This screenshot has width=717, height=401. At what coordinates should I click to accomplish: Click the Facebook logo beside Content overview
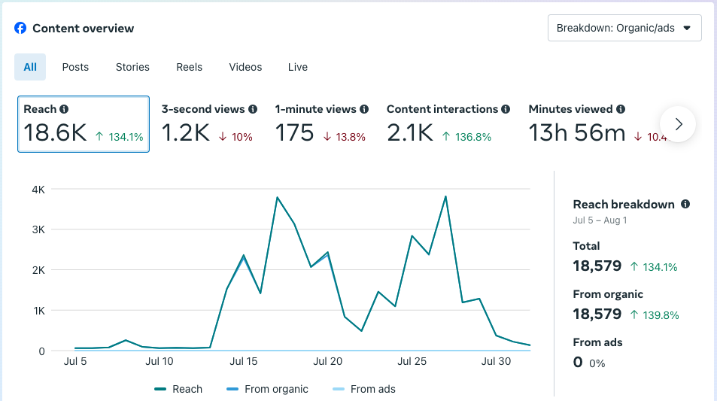[20, 28]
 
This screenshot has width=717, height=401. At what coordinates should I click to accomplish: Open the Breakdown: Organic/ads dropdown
[624, 28]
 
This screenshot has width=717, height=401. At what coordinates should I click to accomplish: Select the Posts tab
[75, 67]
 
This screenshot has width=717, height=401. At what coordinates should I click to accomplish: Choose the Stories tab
[132, 67]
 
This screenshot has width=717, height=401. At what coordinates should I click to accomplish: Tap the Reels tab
[190, 67]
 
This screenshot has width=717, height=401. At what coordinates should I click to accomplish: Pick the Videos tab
[245, 67]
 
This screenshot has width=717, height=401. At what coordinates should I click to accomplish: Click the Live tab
[298, 67]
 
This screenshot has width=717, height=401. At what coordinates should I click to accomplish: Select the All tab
[30, 67]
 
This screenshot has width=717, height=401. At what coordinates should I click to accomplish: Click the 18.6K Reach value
[55, 133]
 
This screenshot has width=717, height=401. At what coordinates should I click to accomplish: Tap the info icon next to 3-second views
[253, 109]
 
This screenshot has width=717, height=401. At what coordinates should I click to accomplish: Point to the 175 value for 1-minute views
[294, 133]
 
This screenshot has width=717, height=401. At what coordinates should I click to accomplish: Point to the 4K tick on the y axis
[38, 190]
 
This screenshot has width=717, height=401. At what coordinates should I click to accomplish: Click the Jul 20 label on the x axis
[327, 361]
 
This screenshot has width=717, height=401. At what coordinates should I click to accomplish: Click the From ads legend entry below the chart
[372, 389]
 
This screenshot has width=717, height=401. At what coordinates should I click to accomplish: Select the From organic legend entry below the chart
[276, 389]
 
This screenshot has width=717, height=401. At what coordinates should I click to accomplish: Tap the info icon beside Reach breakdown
[685, 204]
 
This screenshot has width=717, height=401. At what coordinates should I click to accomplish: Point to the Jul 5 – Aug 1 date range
[600, 220]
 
